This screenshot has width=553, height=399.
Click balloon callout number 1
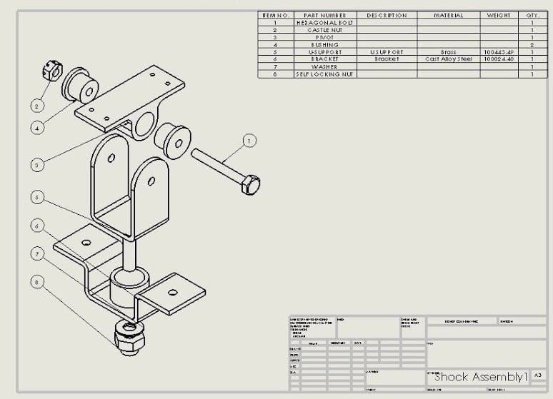249,141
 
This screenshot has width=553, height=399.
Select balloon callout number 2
35,106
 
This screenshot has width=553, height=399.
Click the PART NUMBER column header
324,15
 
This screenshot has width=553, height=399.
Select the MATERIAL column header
448,15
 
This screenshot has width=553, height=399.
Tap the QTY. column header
532,15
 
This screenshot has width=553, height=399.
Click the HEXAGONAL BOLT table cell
324,23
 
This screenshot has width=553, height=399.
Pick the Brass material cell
448,52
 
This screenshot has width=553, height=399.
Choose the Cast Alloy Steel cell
448,59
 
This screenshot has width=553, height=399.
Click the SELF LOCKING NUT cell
324,74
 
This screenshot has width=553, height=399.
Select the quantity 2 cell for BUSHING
532,45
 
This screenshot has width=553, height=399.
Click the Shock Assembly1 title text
481,376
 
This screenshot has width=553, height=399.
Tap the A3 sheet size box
538,375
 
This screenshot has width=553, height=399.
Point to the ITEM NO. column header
275,15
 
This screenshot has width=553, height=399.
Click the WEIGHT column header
498,15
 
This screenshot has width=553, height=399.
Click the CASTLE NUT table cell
324,30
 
